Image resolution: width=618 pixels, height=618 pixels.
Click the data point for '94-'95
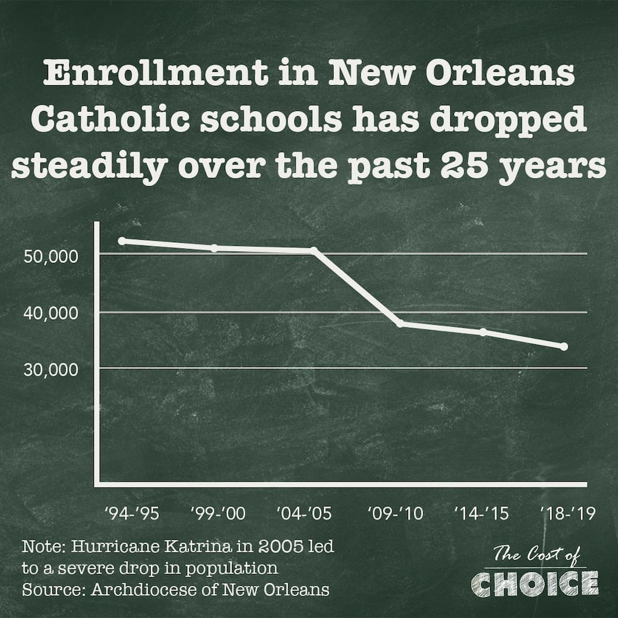click(x=122, y=240)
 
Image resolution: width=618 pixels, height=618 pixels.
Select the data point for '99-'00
click(x=214, y=248)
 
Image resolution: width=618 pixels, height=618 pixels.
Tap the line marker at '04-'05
click(x=313, y=250)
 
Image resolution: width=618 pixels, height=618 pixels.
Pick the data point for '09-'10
click(x=401, y=324)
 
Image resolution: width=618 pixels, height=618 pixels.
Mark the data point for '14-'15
click(x=483, y=332)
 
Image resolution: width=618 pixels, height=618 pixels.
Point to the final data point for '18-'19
click(x=564, y=346)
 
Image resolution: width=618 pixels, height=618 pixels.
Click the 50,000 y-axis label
click(x=51, y=256)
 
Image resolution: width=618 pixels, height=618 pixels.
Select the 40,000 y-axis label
click(x=51, y=313)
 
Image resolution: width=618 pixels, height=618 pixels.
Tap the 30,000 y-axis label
click(x=51, y=369)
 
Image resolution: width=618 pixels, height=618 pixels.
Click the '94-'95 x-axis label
click(x=131, y=513)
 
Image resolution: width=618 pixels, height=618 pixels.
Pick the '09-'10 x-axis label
click(x=396, y=513)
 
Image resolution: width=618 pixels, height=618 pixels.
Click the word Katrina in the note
click(x=167, y=546)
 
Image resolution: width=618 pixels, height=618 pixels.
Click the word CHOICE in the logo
click(x=535, y=583)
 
